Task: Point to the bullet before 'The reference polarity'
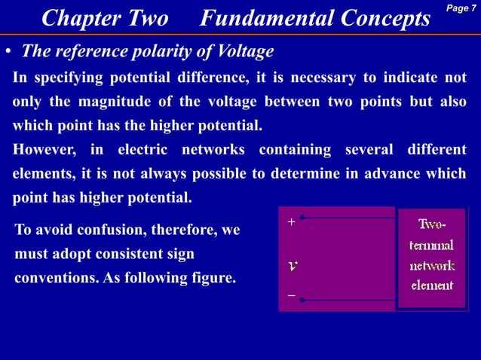[7, 53]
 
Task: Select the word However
[44, 150]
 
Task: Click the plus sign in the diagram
[291, 223]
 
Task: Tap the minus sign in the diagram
[291, 297]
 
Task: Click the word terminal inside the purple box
[431, 246]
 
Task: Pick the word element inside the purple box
[431, 285]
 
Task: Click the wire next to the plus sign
[347, 218]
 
